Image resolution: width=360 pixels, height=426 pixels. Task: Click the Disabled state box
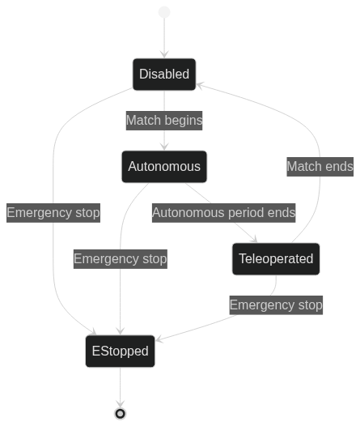164,75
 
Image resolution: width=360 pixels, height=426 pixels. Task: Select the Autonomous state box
164,167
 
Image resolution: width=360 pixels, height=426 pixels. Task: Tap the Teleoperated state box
276,259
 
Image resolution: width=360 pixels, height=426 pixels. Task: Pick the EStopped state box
121,351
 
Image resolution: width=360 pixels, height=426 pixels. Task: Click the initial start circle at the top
164,12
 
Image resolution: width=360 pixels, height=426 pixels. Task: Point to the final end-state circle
121,414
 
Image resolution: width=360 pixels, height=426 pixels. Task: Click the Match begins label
164,121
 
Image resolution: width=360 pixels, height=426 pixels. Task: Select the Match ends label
320,167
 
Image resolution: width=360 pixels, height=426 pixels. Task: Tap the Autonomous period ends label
224,213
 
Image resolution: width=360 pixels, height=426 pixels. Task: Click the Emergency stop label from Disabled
53,213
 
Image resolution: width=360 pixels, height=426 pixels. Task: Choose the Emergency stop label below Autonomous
121,259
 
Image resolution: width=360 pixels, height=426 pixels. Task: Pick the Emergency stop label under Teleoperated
276,305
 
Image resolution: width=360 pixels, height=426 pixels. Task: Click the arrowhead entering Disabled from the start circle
164,54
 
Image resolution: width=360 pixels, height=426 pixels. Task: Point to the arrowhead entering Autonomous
164,147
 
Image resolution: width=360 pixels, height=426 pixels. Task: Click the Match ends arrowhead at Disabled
200,85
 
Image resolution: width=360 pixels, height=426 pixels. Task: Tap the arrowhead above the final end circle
121,403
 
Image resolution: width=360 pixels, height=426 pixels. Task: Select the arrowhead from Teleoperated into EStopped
159,339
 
